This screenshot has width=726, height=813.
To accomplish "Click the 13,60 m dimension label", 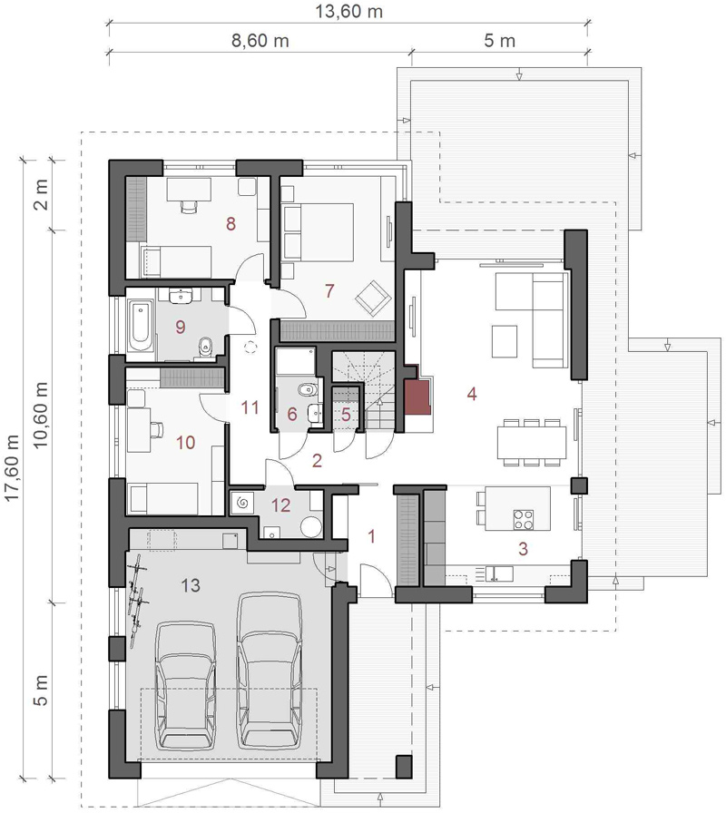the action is [349, 11].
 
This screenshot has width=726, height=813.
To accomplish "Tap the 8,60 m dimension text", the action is [260, 41].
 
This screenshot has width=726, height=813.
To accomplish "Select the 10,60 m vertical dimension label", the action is [41, 415].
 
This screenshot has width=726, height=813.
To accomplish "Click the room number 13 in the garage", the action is [191, 585].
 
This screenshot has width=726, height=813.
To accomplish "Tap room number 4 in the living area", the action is [471, 394].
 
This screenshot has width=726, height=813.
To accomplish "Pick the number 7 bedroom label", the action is [329, 291].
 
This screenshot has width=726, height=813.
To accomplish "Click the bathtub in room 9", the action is [141, 327].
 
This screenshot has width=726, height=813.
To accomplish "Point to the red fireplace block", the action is [418, 397].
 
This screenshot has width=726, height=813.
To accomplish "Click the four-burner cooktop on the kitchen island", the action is [524, 520].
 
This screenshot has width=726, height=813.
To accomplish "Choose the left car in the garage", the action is [186, 685].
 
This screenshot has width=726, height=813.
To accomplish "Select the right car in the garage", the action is [270, 670].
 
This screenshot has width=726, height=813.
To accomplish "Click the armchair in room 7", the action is [373, 299].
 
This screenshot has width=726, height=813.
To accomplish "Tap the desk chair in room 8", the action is [190, 206].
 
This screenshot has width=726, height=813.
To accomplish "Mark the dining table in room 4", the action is [532, 442].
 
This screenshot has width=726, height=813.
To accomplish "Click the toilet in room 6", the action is [308, 389].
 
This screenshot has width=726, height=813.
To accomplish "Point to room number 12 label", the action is [280, 505].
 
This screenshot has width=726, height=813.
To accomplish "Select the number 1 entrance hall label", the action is [371, 536].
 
